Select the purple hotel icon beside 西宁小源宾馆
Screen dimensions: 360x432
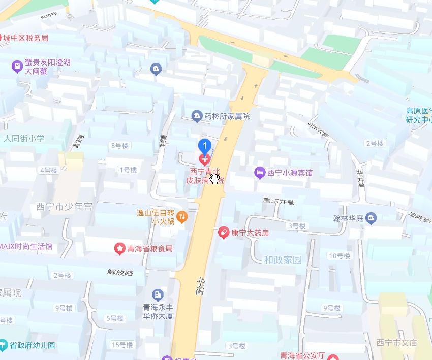(x=260, y=173)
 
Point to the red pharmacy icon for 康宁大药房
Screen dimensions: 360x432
(x=223, y=233)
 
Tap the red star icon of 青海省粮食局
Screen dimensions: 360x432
(x=119, y=248)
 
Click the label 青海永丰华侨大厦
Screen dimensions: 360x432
(x=158, y=311)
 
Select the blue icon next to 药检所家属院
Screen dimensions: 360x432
(x=197, y=116)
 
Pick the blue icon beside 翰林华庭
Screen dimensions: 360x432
(x=371, y=218)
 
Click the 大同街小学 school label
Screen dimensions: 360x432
(x=24, y=138)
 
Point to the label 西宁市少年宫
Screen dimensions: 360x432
(x=64, y=207)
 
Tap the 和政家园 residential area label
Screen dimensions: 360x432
(x=283, y=259)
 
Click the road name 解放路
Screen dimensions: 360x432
(x=119, y=273)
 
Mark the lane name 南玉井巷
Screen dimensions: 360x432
(x=279, y=201)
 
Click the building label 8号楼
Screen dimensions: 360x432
(x=119, y=146)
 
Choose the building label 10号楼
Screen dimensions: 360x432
(x=340, y=256)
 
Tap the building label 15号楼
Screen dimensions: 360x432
(x=122, y=345)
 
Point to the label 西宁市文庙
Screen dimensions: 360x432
(x=396, y=343)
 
